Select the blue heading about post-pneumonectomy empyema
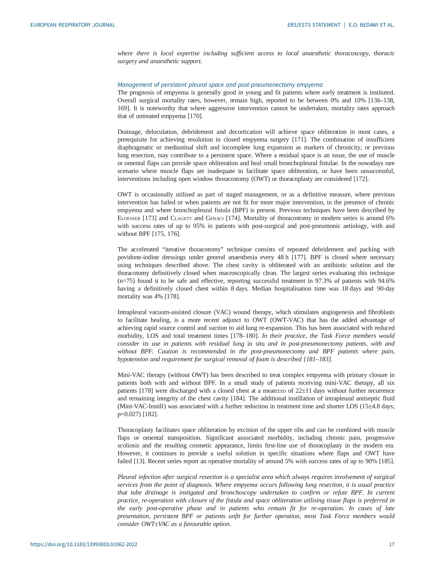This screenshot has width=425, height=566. [x=220, y=85]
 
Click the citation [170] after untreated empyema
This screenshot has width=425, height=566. [x=195, y=116]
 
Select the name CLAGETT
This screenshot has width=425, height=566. [x=181, y=218]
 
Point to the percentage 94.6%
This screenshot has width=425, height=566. [x=386, y=281]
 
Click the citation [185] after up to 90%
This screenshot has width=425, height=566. [x=387, y=461]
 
